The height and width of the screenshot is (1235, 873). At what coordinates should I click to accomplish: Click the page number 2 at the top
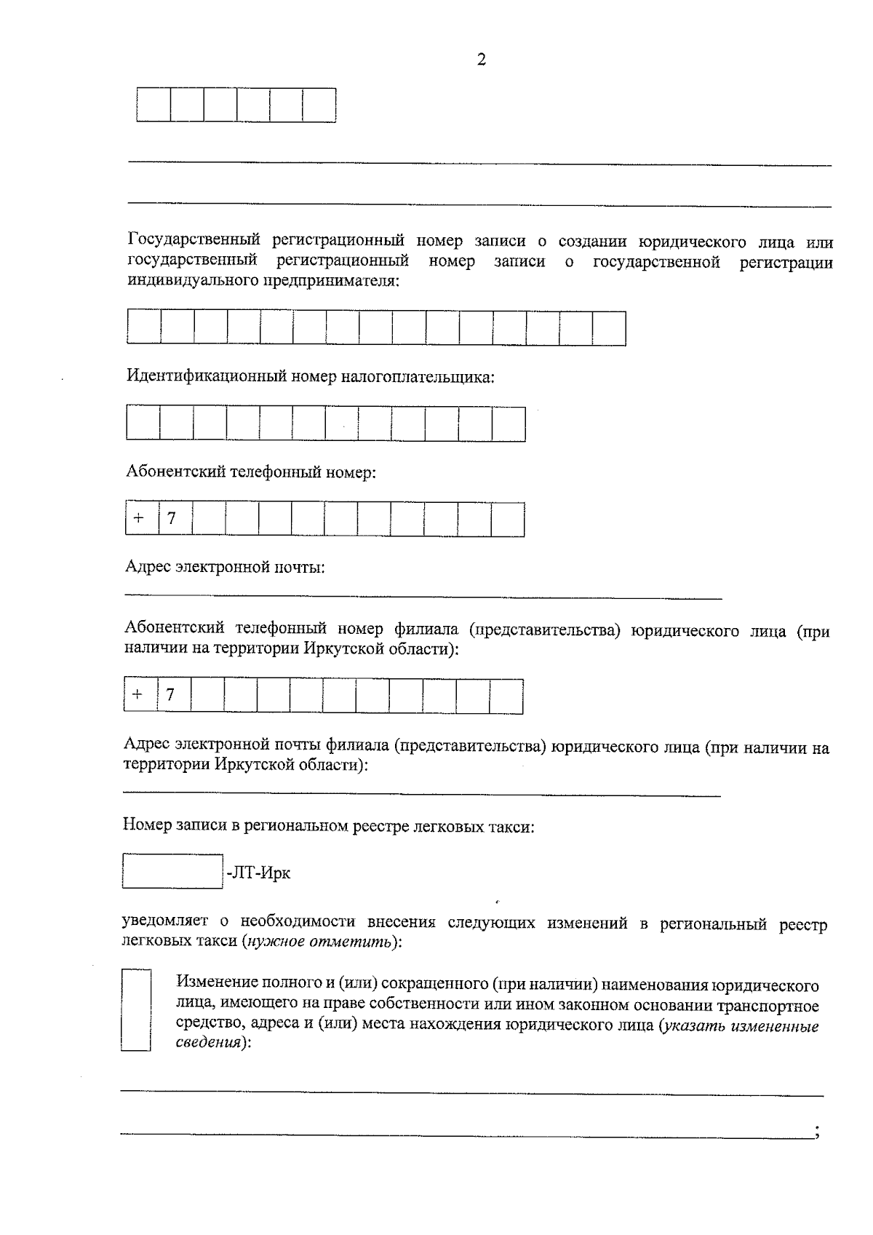coord(481,60)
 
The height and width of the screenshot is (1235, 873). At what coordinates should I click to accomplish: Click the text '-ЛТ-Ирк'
coord(258,873)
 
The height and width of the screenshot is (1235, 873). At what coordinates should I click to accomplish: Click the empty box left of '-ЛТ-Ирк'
coord(172,871)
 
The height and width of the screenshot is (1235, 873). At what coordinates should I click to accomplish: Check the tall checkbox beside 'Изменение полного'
coord(135,1009)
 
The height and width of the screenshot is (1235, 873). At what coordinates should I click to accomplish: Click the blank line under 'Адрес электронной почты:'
coord(422,597)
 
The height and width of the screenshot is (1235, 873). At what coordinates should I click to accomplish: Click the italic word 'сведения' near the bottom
coord(208,1042)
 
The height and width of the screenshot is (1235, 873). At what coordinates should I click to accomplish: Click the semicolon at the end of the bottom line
coord(818,1132)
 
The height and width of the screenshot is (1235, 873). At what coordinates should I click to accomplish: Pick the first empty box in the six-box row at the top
coord(154,105)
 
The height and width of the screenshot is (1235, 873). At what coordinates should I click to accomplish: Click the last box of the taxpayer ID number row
coord(509,424)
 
